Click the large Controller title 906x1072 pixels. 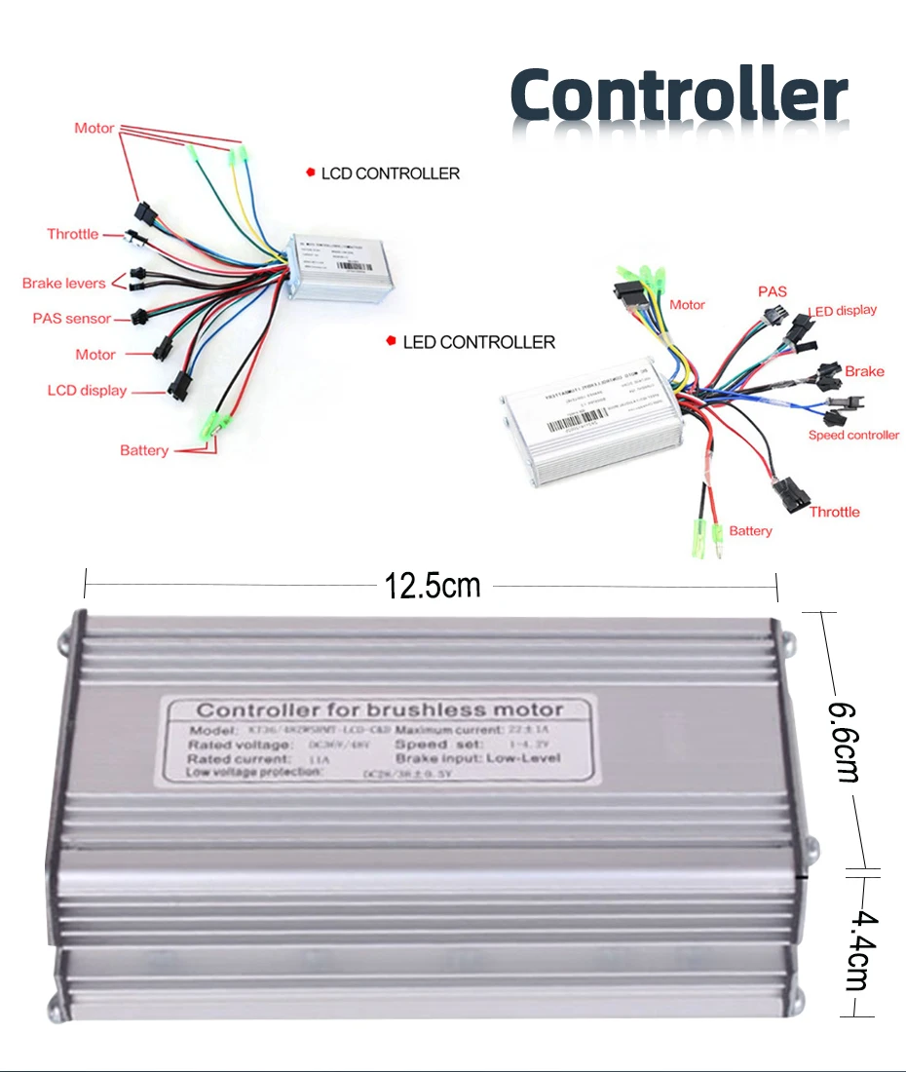click(x=678, y=96)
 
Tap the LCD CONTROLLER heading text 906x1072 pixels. click(x=390, y=173)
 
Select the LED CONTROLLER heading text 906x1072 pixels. click(x=478, y=342)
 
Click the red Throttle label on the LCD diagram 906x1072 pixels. click(x=73, y=234)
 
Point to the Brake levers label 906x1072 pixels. click(x=64, y=284)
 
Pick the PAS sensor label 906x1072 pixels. click(x=72, y=319)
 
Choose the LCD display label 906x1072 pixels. click(x=87, y=391)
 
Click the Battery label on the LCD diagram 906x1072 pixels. click(x=144, y=450)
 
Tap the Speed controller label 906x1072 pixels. click(x=853, y=435)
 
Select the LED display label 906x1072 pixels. click(x=843, y=311)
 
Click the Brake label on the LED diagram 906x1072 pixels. click(x=864, y=371)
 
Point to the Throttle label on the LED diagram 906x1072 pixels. click(x=835, y=512)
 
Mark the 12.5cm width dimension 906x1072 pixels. click(x=433, y=586)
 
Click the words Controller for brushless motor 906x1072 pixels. click(x=380, y=709)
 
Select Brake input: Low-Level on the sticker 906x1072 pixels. click(x=477, y=758)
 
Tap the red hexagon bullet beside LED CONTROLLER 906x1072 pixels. click(x=392, y=341)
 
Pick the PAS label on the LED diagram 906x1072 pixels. click(x=773, y=291)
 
